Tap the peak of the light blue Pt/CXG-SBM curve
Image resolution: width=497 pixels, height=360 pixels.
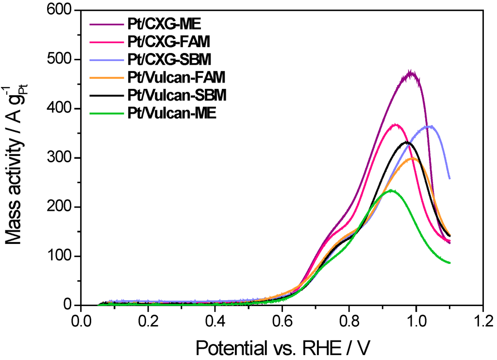(430, 126)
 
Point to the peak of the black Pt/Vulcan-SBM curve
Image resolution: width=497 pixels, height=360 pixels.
(407, 142)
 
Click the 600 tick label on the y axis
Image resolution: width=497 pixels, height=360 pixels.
(61, 10)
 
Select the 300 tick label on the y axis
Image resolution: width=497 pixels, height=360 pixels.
(61, 158)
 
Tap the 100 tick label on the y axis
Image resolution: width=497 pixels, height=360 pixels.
(61, 256)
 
